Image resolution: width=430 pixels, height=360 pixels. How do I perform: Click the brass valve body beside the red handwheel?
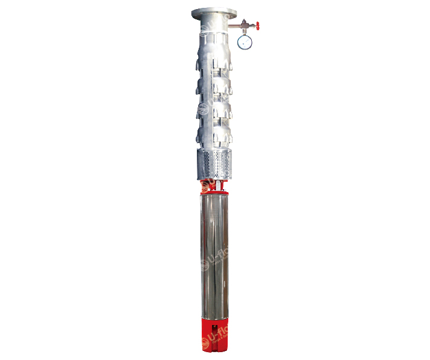pyautogui.click(x=245, y=25)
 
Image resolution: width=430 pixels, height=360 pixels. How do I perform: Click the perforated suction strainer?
pyautogui.click(x=214, y=161)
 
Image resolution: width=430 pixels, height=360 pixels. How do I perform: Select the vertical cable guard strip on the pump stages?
pyautogui.click(x=216, y=91)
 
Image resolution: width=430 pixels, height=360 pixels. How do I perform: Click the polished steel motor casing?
pyautogui.click(x=215, y=254)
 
